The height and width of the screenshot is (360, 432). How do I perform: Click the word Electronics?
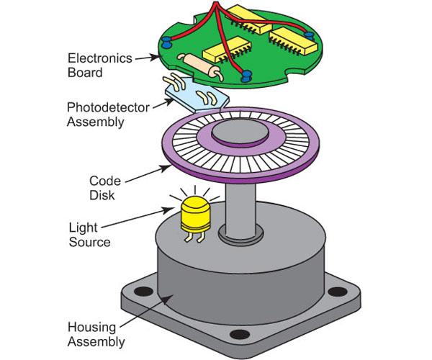100,58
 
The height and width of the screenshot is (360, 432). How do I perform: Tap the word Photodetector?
108,107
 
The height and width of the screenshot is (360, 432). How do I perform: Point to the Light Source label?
89,235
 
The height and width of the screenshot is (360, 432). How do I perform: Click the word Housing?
91,327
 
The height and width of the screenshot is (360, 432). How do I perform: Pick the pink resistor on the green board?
202,66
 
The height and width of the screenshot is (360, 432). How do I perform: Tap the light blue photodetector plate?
197,95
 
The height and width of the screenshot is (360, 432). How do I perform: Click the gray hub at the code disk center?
240,132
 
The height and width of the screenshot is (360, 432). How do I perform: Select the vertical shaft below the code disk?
240,211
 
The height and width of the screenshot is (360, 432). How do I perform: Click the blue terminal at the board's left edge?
166,42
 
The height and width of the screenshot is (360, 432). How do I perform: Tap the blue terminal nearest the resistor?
246,76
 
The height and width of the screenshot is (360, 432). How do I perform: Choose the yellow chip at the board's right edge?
293,41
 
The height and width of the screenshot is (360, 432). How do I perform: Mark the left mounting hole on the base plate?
143,291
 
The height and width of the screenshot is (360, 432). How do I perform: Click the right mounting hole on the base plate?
338,292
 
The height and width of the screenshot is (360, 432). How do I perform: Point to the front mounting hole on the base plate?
240,334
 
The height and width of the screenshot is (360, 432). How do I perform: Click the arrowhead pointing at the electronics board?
155,58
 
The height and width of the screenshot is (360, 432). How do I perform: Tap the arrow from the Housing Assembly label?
147,311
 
